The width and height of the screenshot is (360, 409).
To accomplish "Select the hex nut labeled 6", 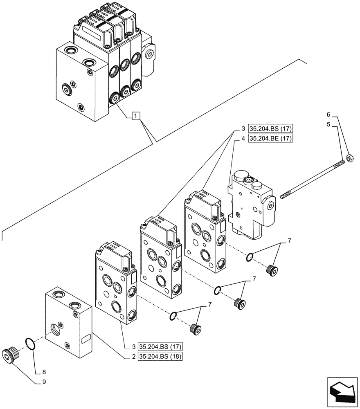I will point(350,157).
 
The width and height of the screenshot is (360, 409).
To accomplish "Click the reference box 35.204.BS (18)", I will point(160,356).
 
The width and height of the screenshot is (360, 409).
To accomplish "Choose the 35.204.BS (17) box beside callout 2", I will point(160,347).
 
